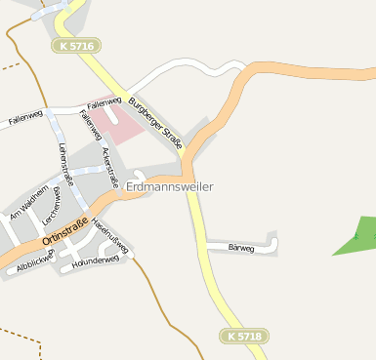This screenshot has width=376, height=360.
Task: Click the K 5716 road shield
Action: click(x=76, y=46)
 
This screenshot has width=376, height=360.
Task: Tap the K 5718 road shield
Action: click(x=242, y=336)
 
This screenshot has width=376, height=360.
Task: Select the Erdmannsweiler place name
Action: click(x=169, y=185)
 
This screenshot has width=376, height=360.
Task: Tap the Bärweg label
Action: click(x=240, y=248)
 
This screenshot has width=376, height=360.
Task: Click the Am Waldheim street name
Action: click(x=28, y=201)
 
